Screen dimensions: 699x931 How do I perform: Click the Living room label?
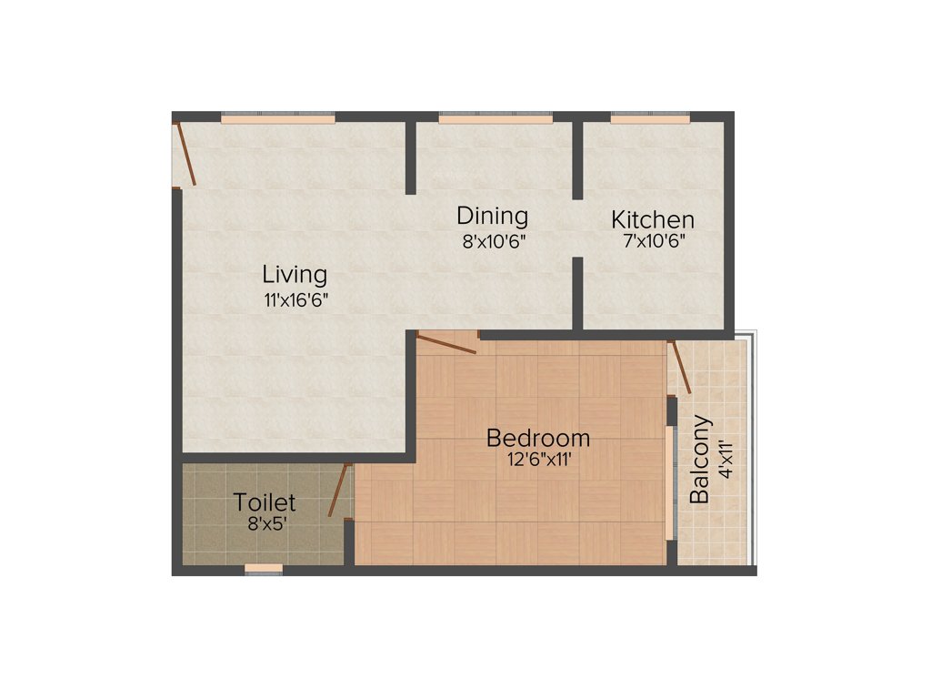(x=295, y=274)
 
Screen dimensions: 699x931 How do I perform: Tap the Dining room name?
(x=492, y=217)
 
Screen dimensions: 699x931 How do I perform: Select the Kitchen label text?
(x=652, y=219)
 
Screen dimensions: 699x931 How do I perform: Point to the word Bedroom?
(x=538, y=438)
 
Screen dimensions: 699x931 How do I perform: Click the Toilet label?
(x=265, y=502)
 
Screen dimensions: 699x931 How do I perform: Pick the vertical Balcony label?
(x=700, y=460)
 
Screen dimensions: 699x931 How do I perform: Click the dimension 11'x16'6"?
(x=295, y=299)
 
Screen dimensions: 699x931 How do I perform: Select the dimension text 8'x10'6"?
(x=494, y=241)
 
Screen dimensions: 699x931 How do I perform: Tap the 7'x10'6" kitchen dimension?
(x=652, y=241)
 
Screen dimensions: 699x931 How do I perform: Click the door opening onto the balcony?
(x=680, y=367)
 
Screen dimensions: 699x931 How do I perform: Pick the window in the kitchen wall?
(x=650, y=117)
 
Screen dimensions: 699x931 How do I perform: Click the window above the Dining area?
(x=496, y=118)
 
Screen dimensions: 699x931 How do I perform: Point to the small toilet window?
(x=264, y=570)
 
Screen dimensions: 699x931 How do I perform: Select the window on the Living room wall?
(x=277, y=118)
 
